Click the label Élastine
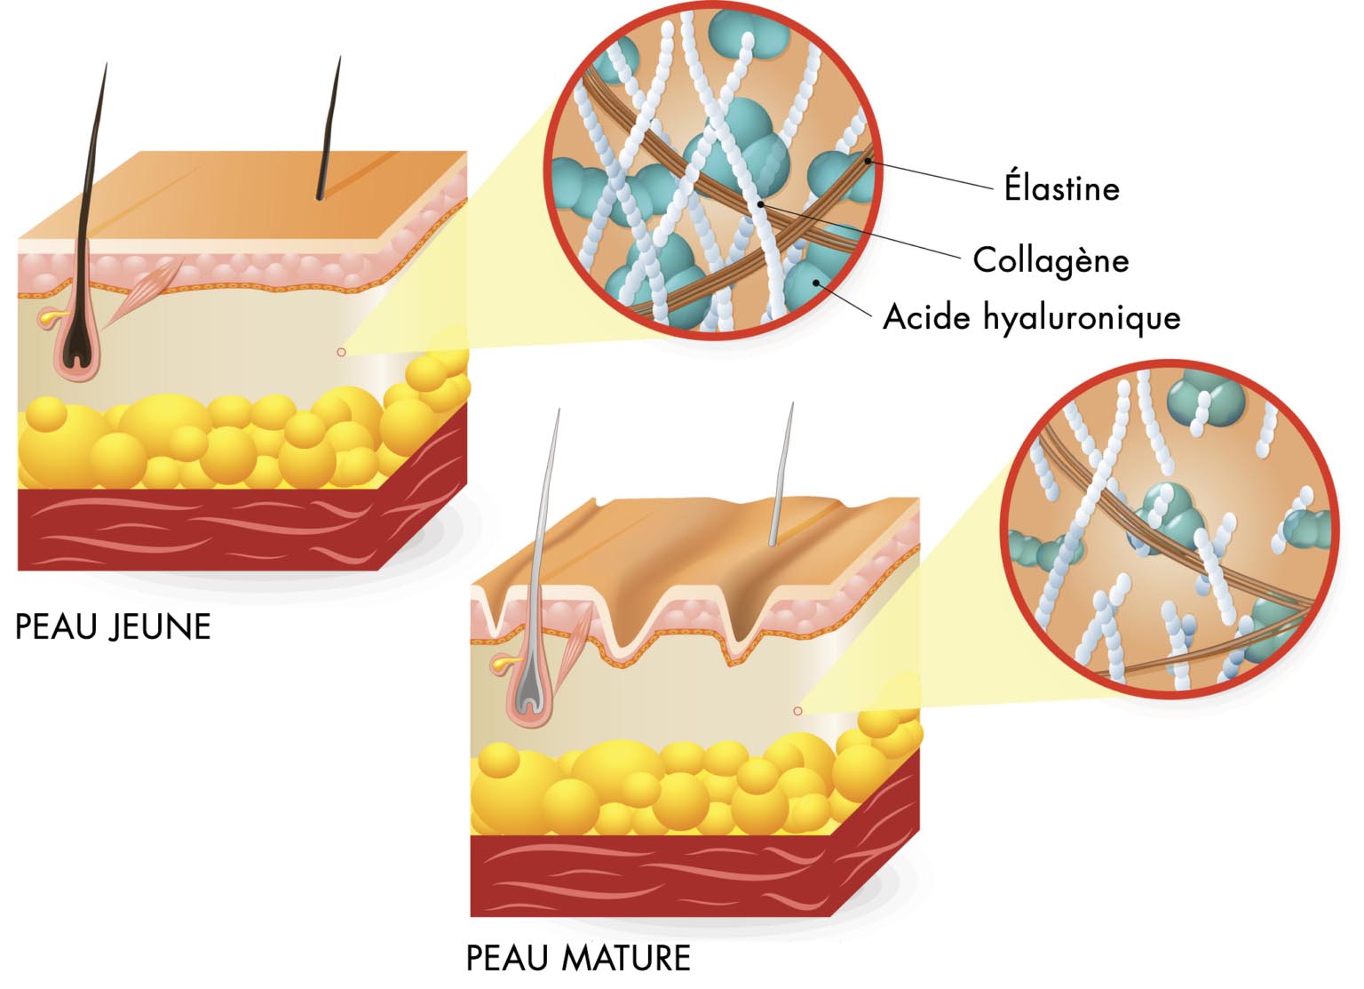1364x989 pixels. pyautogui.click(x=1061, y=188)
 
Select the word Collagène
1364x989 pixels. pyautogui.click(x=1051, y=260)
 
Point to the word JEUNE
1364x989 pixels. pyautogui.click(x=161, y=627)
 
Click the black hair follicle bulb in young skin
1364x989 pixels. pyautogui.click(x=78, y=342)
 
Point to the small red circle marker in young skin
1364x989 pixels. pyautogui.click(x=341, y=353)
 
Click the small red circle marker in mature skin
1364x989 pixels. pyautogui.click(x=797, y=711)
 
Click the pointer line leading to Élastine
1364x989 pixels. pyautogui.click(x=932, y=175)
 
